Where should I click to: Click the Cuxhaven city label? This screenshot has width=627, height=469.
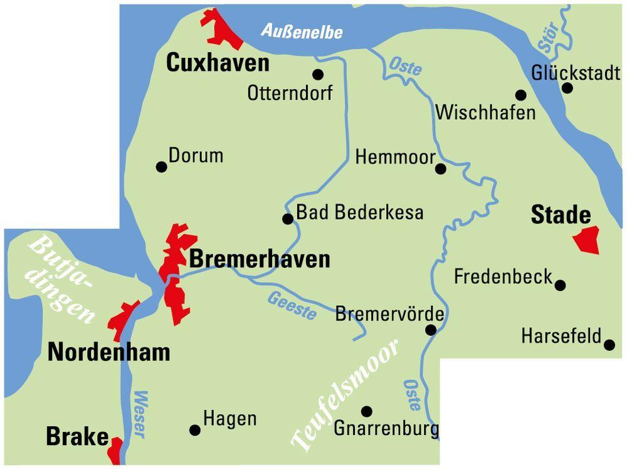[217, 63]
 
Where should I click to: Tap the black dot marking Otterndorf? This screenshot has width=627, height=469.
[318, 75]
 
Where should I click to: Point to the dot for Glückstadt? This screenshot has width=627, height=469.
[567, 88]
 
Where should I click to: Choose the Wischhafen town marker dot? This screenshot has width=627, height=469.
[520, 95]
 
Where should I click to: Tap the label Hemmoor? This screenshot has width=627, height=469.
[395, 157]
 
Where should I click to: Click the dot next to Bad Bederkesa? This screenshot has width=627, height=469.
[288, 218]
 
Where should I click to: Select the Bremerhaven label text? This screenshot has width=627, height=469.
[259, 259]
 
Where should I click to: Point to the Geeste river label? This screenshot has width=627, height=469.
[292, 306]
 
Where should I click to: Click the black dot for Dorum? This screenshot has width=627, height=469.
[161, 167]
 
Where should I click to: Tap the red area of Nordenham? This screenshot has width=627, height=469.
[123, 320]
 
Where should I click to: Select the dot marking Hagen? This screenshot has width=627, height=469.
[195, 430]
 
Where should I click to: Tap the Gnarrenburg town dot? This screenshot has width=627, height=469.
[367, 411]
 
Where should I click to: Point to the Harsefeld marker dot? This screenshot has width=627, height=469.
[609, 344]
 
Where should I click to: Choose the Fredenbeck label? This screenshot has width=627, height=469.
[503, 276]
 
